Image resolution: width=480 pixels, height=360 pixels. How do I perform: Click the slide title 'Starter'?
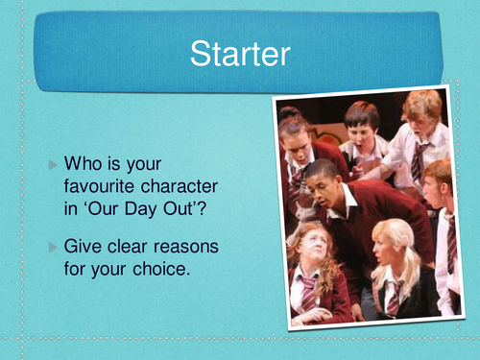(239, 54)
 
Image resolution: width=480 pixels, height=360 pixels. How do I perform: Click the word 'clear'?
(132, 248)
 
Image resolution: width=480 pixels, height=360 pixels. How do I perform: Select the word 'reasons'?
(190, 248)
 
